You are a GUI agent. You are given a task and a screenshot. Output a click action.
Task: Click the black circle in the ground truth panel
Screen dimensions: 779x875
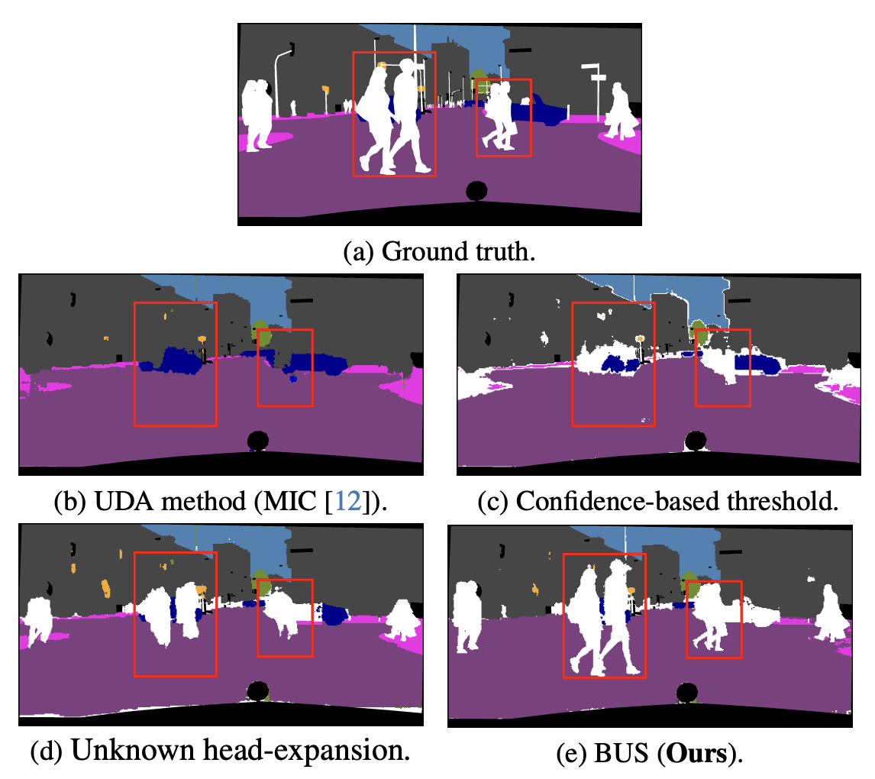pos(476,190)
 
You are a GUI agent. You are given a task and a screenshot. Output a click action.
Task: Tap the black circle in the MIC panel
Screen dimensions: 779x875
pos(258,441)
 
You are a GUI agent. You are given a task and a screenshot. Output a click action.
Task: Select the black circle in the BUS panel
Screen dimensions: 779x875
pos(688,693)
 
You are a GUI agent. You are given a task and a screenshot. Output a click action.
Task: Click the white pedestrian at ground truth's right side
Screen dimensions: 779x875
pos(622,115)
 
